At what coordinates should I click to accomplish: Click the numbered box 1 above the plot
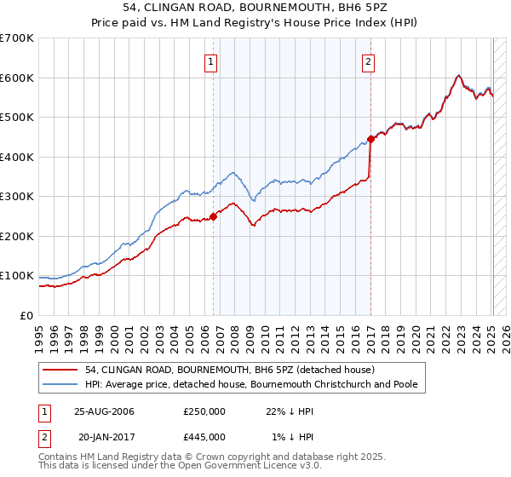210,60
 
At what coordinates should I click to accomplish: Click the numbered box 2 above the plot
369,60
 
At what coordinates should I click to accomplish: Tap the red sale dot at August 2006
214,216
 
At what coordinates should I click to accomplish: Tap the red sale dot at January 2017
370,139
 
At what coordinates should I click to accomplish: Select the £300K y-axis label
17,197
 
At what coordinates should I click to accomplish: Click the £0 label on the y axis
27,315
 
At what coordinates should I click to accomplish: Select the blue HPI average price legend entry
251,384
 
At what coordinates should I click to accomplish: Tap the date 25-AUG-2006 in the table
104,411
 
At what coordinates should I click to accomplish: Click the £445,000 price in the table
204,437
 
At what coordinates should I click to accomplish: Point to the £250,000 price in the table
204,411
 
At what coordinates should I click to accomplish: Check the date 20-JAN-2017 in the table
104,437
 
